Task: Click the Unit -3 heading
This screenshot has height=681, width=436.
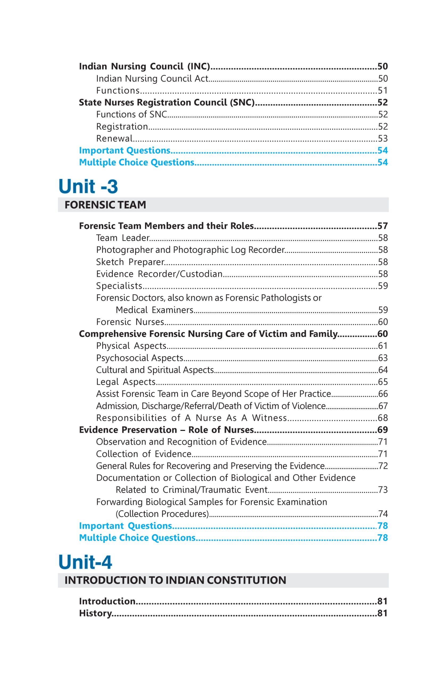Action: (88, 186)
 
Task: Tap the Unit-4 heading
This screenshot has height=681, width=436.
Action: (85, 562)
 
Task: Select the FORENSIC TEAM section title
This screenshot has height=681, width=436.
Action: (105, 205)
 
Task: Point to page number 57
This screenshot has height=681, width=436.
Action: (383, 226)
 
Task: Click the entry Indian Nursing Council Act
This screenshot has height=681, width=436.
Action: (152, 78)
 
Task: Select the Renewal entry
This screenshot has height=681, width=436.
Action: (114, 138)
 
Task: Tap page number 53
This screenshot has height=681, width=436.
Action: (383, 138)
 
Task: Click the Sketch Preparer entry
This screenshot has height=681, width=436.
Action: (130, 262)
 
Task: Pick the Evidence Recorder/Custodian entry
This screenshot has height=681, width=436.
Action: (159, 274)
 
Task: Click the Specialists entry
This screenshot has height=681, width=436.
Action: (119, 286)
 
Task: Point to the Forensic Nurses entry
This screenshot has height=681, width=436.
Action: (130, 322)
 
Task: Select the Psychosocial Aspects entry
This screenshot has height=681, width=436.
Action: (140, 358)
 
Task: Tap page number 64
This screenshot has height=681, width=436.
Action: (383, 370)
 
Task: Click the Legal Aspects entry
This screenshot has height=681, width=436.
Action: (126, 382)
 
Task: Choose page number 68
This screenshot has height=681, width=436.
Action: (383, 418)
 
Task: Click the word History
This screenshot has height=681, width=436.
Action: (95, 613)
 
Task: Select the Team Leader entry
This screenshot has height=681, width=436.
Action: (123, 238)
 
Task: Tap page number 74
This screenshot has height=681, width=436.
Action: (383, 514)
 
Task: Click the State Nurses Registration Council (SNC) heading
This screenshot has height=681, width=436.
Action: (167, 102)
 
